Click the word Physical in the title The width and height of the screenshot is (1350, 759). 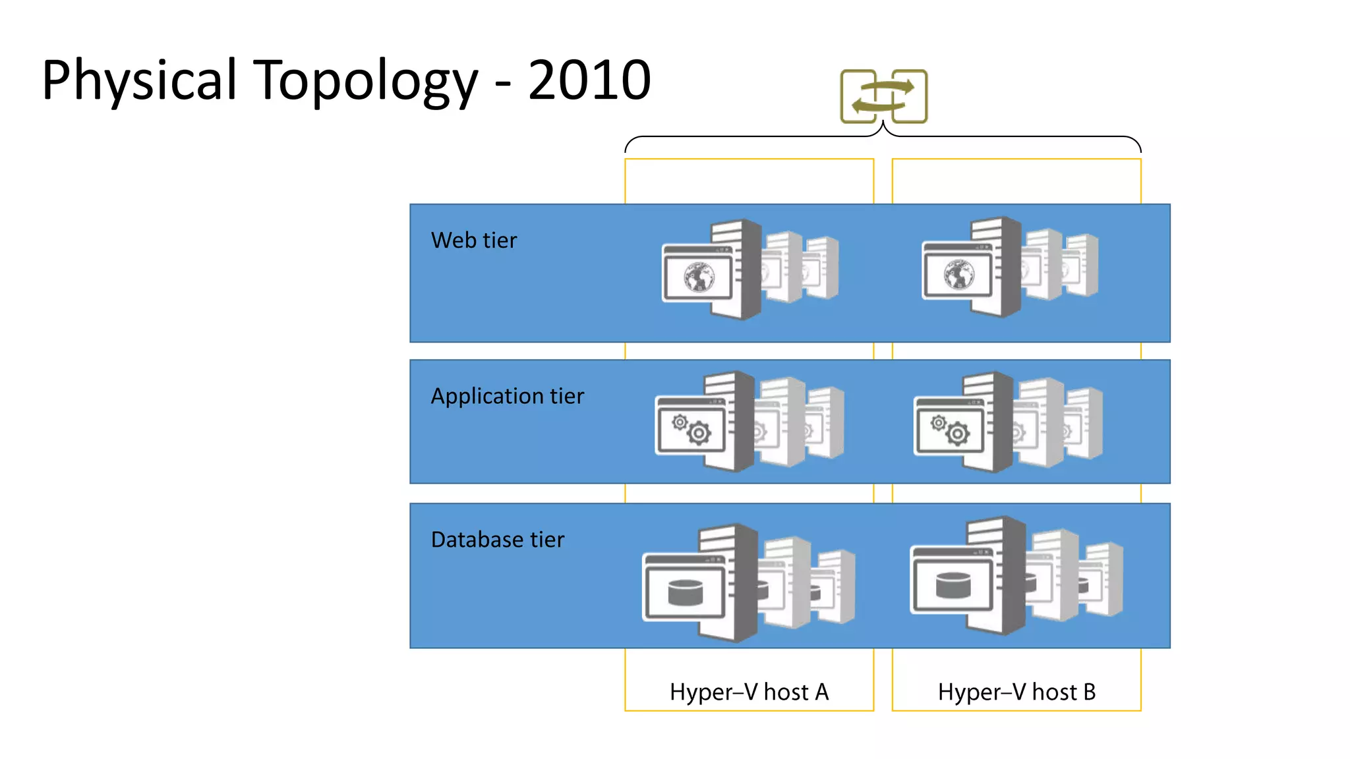[x=138, y=81]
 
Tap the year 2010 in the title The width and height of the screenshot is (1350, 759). [x=589, y=81]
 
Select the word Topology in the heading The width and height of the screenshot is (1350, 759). [x=365, y=81]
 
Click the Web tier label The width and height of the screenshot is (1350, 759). [x=473, y=240]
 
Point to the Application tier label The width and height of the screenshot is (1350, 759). [x=507, y=396]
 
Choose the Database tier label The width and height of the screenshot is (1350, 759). [x=497, y=540]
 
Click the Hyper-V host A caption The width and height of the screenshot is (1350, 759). [x=749, y=692]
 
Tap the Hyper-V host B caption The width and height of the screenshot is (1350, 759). [x=1016, y=692]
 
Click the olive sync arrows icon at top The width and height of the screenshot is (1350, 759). [x=883, y=96]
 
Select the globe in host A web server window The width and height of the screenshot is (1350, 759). [x=699, y=277]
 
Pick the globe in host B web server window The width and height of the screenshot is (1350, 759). [x=958, y=274]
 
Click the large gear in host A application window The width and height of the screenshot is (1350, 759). [x=699, y=434]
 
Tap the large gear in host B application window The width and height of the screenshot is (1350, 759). [x=958, y=434]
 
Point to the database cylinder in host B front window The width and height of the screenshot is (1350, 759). [x=953, y=584]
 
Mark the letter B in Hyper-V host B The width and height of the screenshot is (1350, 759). [x=1089, y=692]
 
